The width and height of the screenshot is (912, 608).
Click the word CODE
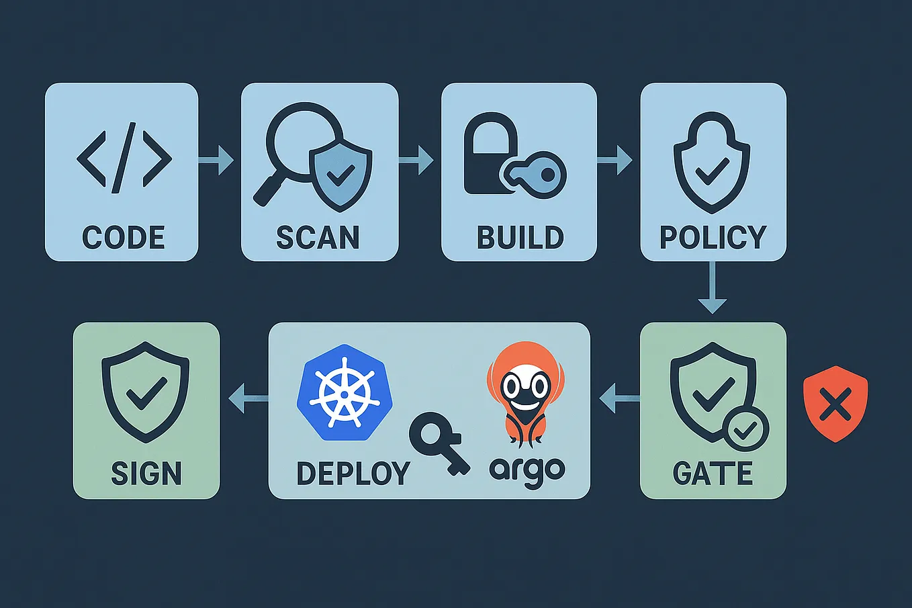pyautogui.click(x=123, y=238)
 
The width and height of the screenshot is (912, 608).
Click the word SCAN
pyautogui.click(x=318, y=238)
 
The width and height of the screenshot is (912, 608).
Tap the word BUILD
pyautogui.click(x=520, y=238)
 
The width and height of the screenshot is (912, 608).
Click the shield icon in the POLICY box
pyautogui.click(x=712, y=165)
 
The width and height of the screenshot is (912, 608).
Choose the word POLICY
pyautogui.click(x=713, y=238)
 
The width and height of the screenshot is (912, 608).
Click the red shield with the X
pyautogui.click(x=835, y=404)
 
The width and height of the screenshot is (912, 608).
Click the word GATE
pyautogui.click(x=712, y=473)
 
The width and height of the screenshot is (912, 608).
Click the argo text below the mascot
pyautogui.click(x=527, y=470)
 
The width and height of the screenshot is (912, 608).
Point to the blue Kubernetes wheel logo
pyautogui.click(x=344, y=393)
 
